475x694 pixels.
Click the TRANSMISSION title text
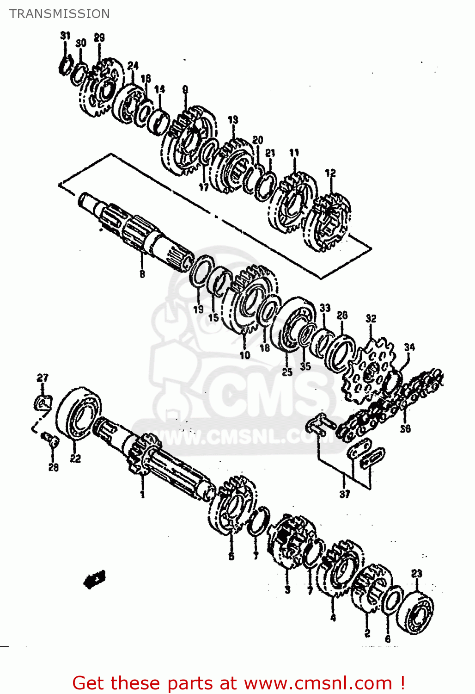(60, 14)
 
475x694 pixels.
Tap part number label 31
(65, 36)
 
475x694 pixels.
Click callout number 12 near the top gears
(330, 173)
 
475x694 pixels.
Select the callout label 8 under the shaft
(142, 274)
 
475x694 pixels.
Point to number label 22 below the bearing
(75, 458)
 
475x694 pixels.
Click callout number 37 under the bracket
(345, 494)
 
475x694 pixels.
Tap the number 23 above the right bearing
(417, 573)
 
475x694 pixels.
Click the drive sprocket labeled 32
(370, 370)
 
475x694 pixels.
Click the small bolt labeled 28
(50, 439)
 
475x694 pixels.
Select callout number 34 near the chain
(409, 347)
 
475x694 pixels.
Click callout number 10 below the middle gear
(244, 355)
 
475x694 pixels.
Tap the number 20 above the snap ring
(258, 139)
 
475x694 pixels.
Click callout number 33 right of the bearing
(325, 308)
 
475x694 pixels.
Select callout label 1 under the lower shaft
(142, 494)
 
